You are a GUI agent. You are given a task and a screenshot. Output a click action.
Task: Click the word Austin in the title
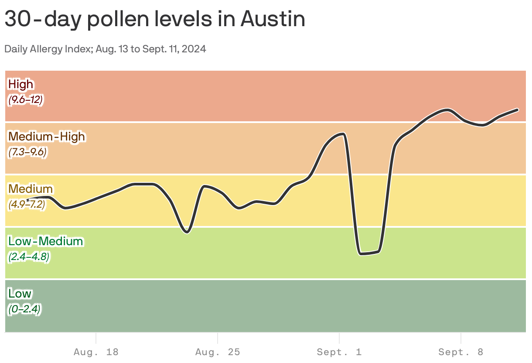point(273,19)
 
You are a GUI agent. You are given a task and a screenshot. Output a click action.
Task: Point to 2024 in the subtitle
point(194,49)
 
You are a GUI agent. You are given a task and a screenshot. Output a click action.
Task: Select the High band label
point(20,84)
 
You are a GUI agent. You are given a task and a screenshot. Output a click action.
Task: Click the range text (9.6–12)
point(25,99)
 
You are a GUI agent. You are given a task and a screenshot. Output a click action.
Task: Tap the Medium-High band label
point(46,136)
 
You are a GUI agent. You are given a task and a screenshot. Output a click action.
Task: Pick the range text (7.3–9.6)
point(27,152)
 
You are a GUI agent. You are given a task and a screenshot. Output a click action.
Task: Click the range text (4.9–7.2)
point(27,205)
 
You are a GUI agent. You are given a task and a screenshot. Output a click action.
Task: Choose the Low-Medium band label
point(45,241)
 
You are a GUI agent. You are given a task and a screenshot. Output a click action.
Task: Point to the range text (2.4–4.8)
point(29,257)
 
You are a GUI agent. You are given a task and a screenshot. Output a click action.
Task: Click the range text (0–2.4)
point(24,309)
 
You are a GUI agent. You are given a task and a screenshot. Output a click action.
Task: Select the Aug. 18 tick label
point(96,352)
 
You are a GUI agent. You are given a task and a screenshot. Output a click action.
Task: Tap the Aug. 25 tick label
point(218,352)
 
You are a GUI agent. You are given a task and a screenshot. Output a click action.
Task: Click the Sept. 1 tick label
point(339,352)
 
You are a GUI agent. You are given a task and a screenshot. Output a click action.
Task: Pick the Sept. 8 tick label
point(461,352)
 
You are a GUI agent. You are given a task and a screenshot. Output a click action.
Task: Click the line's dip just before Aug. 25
point(187,232)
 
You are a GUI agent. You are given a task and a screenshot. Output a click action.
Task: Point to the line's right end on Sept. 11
point(518,110)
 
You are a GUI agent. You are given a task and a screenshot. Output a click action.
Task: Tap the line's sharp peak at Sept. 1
point(344,134)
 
